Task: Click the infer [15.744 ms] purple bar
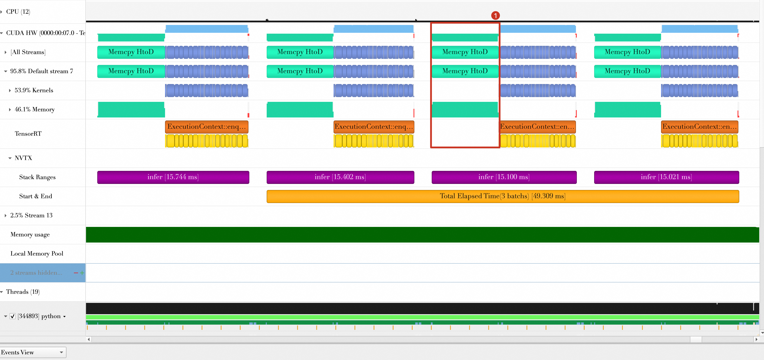coord(173,177)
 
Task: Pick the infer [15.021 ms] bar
coord(666,177)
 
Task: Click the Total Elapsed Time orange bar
coord(503,196)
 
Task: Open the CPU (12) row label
coord(18,12)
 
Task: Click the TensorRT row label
coord(28,134)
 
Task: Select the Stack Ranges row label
coord(37,177)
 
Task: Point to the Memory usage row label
coord(30,234)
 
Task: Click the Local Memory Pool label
coord(37,254)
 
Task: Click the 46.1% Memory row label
coord(35,109)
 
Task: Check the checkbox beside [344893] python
coord(12,316)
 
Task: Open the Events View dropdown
coord(33,352)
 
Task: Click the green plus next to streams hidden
coord(82,273)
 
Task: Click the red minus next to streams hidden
coord(76,273)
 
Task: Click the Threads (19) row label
coord(23,292)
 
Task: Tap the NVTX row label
coord(23,158)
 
